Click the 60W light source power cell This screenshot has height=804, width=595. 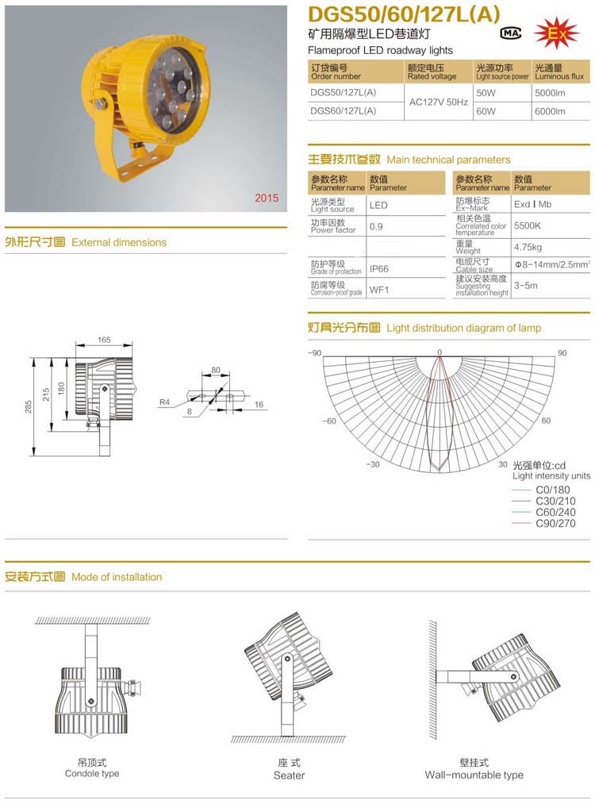pos(485,112)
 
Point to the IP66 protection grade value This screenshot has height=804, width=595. pos(379,269)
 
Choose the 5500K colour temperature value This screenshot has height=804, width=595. pos(528,225)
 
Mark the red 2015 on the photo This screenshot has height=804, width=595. pos(267,198)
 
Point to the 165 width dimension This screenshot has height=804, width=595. pos(104,340)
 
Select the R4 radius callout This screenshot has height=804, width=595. pos(164,402)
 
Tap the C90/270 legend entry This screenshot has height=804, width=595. pos(555,523)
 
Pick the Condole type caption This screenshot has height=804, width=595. pos(92,774)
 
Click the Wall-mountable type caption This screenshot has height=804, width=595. pos(474,775)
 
